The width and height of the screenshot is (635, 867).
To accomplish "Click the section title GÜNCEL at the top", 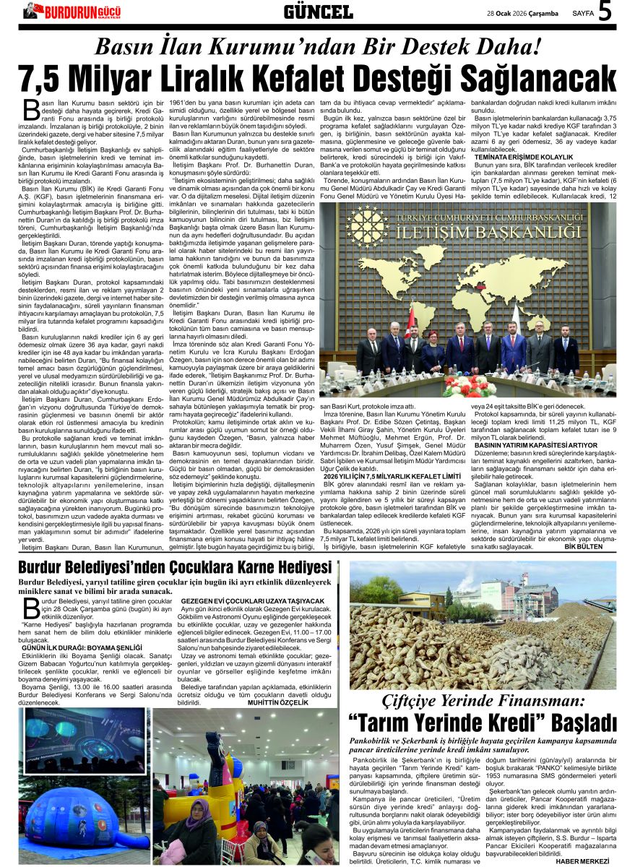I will [x=318, y=12].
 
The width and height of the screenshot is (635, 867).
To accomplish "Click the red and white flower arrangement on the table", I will [x=470, y=386].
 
